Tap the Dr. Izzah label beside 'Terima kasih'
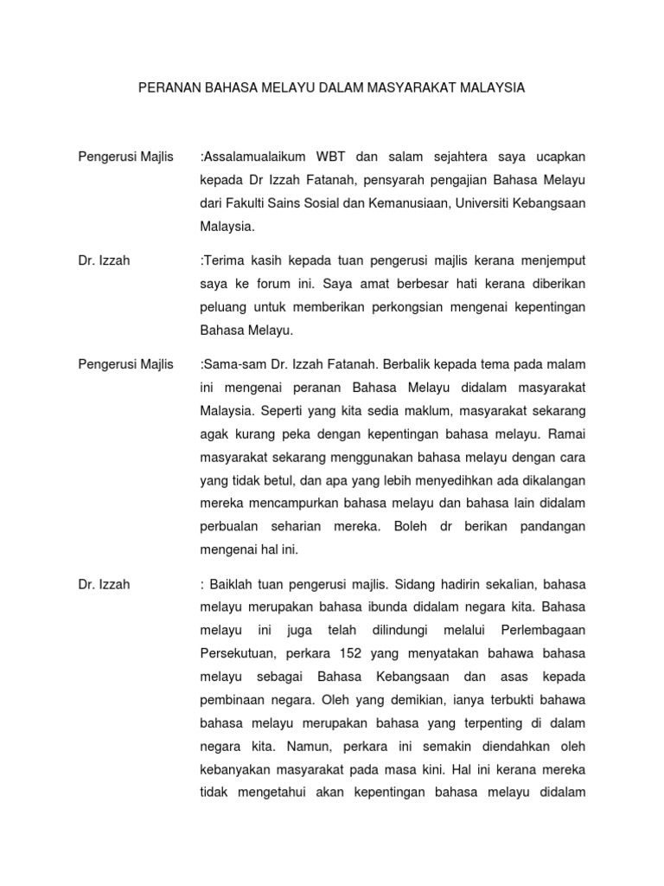tap(104, 260)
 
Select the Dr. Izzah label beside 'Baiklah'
tap(104, 584)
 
